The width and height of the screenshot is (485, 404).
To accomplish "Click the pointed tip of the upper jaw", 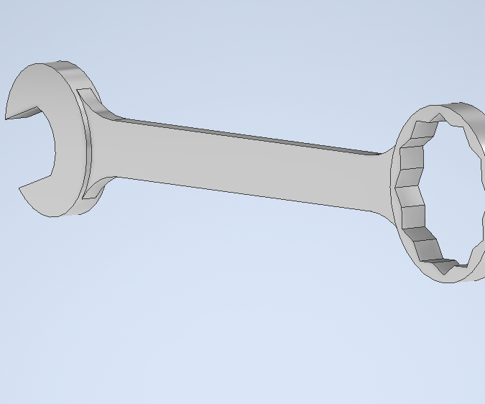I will coord(8,117).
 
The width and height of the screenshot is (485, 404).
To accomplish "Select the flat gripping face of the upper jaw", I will coord(25,113).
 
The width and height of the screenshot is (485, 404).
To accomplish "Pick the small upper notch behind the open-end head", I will coord(86,94).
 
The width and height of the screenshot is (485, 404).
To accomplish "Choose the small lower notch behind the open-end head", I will coord(91,190).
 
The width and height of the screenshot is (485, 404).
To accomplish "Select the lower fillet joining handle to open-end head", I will coord(108,180).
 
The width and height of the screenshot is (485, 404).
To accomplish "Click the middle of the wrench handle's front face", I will coord(237,165).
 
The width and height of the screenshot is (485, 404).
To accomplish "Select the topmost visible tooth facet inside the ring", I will coord(438,118).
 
